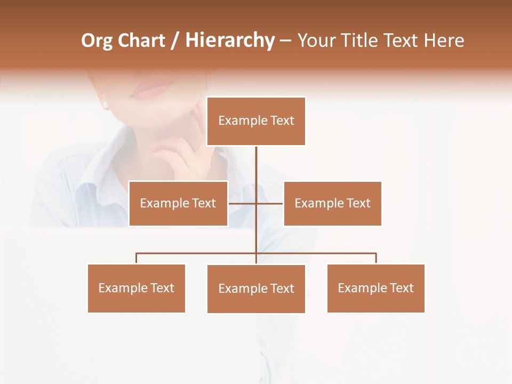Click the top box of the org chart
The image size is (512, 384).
(256, 121)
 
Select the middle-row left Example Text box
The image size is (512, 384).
(178, 203)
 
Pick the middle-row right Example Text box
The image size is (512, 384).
(332, 203)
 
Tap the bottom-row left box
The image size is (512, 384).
(137, 288)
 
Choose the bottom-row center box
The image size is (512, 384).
(256, 289)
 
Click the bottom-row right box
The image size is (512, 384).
(376, 288)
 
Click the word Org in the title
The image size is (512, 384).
(97, 41)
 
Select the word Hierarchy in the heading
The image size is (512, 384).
(229, 41)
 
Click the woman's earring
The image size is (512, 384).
(105, 104)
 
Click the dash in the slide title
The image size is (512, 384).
(285, 41)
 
